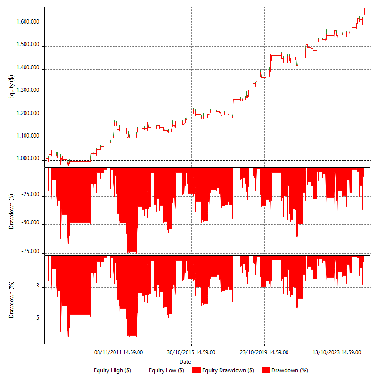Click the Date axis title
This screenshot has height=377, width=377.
coord(185,361)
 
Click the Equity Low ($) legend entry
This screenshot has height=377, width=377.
coord(166,370)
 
